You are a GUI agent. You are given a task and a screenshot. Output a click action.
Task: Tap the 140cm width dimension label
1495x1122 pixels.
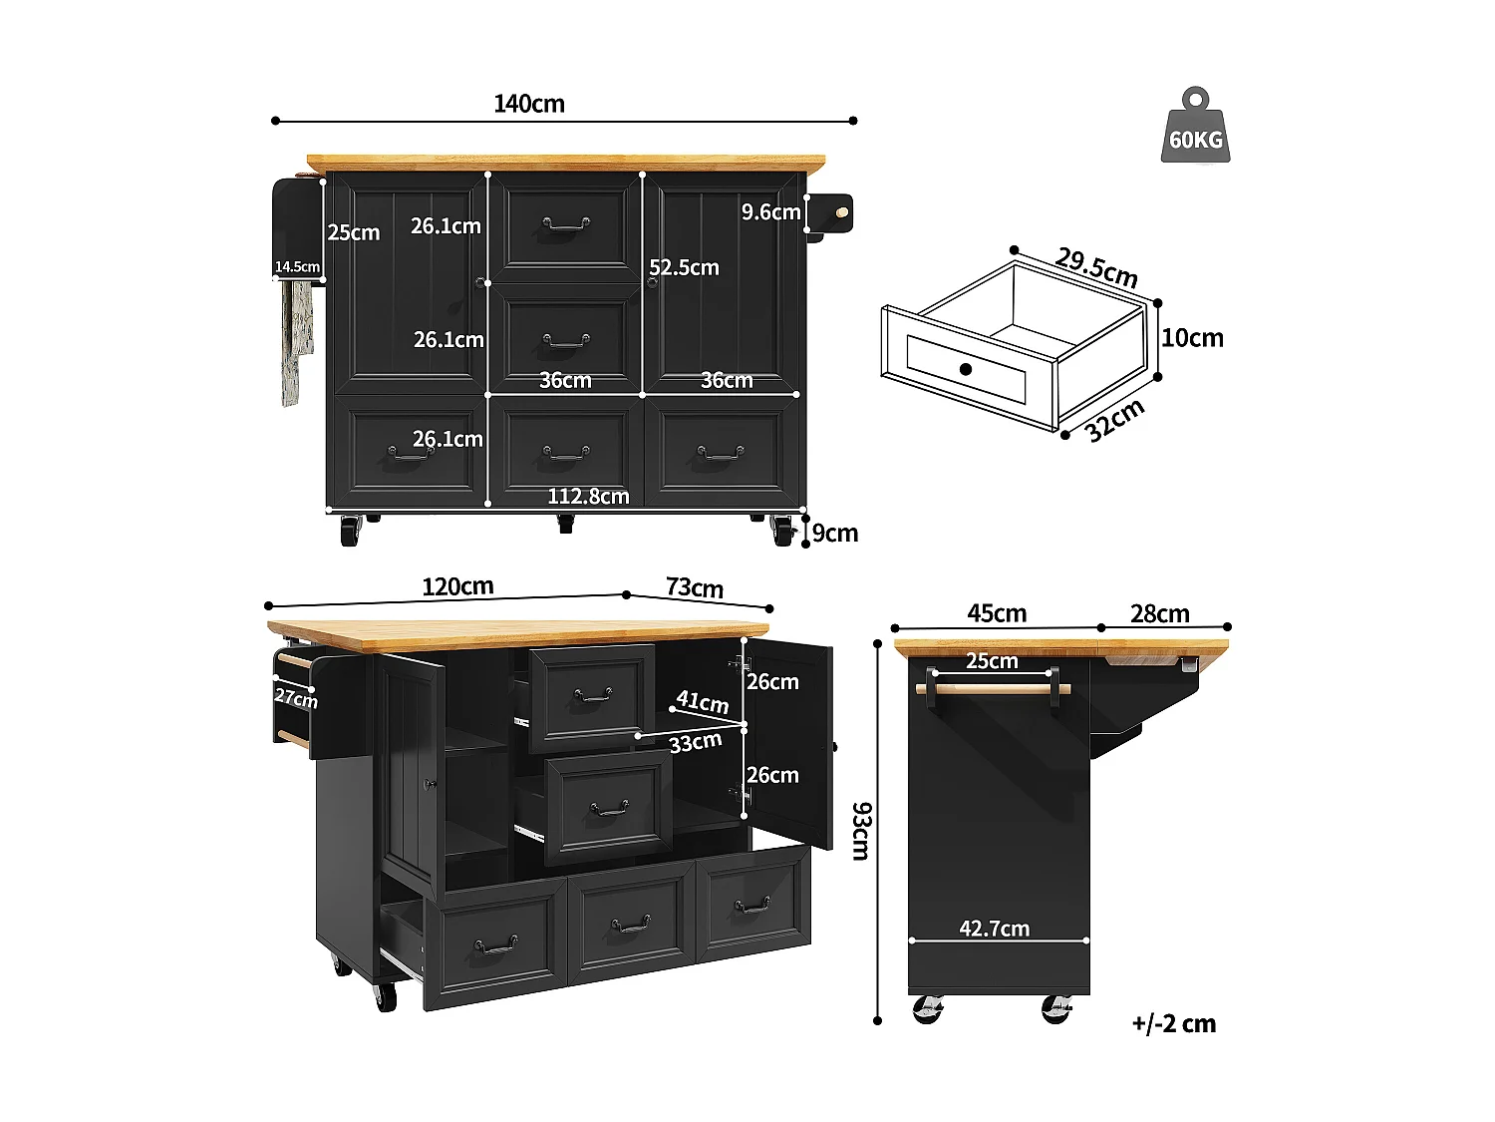[529, 104]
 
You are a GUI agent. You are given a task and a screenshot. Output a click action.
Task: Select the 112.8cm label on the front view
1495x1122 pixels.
[588, 496]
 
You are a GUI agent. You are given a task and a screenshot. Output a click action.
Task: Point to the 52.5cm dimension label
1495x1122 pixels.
[684, 267]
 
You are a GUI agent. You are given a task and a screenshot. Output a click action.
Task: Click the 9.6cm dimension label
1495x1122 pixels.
[770, 211]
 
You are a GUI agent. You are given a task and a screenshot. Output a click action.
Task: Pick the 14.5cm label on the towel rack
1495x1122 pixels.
[297, 267]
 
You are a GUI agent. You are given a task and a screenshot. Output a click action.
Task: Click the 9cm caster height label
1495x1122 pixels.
[835, 533]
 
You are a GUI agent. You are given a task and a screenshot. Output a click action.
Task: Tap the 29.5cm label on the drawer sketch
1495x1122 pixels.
[1096, 266]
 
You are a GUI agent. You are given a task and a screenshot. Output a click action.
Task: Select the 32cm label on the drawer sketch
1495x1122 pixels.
[1115, 420]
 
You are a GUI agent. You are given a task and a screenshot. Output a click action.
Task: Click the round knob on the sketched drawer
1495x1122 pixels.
[965, 369]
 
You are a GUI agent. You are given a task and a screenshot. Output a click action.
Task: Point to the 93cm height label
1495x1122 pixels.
[860, 830]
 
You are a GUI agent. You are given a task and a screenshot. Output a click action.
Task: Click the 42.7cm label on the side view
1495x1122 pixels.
[994, 929]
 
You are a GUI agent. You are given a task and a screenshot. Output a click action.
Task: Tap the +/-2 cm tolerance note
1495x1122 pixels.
[1173, 1023]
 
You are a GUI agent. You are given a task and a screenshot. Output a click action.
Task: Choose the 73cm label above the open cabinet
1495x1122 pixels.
[695, 587]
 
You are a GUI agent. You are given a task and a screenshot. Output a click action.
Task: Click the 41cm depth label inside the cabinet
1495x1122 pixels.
[702, 701]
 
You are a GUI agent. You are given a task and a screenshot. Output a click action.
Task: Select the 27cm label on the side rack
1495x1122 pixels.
[296, 697]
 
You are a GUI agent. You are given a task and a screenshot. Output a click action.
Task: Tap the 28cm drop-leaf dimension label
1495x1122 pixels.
[1159, 613]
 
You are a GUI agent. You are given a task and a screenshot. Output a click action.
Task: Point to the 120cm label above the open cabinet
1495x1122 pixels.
[457, 586]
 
